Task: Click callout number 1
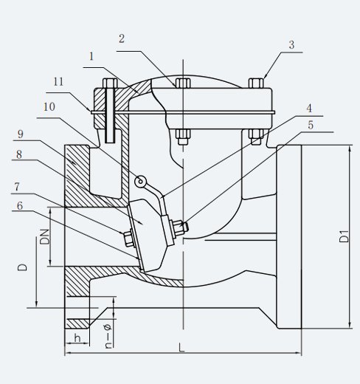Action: (x=91, y=57)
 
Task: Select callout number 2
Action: (x=122, y=39)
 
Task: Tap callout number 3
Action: (x=291, y=45)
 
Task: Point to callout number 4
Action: (x=309, y=109)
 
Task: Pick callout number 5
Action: (x=311, y=125)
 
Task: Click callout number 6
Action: (x=20, y=205)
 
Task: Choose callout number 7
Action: (x=17, y=187)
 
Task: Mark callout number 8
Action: (x=19, y=154)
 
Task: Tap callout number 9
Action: (x=21, y=134)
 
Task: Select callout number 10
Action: (x=49, y=107)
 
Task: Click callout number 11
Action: (x=58, y=82)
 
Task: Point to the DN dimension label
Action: (x=45, y=236)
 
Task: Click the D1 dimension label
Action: (x=344, y=236)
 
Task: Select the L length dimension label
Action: (x=181, y=348)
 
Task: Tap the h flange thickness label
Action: (x=77, y=338)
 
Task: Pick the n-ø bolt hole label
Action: (x=108, y=336)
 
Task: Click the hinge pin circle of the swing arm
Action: (x=140, y=182)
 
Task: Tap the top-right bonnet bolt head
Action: (x=256, y=83)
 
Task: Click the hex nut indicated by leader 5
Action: (x=179, y=227)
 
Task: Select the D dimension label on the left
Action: (x=22, y=267)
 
